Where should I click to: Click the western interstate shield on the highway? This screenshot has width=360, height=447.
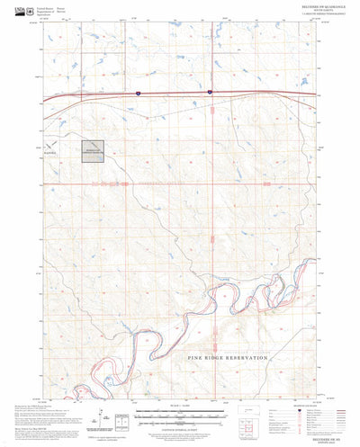138,92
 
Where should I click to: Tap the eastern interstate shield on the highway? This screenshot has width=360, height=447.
209,92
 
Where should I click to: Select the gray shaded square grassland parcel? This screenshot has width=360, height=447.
94,151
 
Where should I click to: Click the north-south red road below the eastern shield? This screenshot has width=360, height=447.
210,144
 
